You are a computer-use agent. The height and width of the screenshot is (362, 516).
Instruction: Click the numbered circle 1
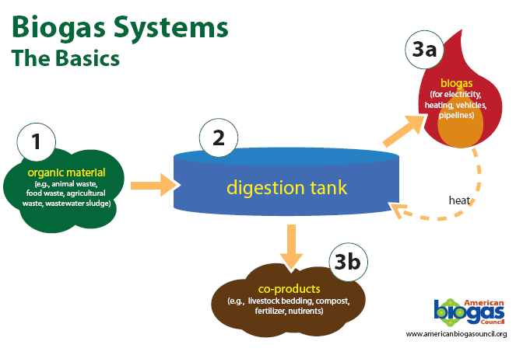pos(35,142)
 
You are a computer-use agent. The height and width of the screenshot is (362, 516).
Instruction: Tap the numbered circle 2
pos(219,138)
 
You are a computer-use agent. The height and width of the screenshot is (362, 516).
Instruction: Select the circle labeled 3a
pos(423,51)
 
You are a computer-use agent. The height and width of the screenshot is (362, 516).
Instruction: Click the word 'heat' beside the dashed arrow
pos(459,200)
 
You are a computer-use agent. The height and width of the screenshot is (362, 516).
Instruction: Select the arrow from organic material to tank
pos(156,186)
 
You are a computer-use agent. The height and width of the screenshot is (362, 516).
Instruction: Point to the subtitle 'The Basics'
pos(65,58)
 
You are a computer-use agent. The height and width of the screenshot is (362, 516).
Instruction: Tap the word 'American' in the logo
pos(484,302)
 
